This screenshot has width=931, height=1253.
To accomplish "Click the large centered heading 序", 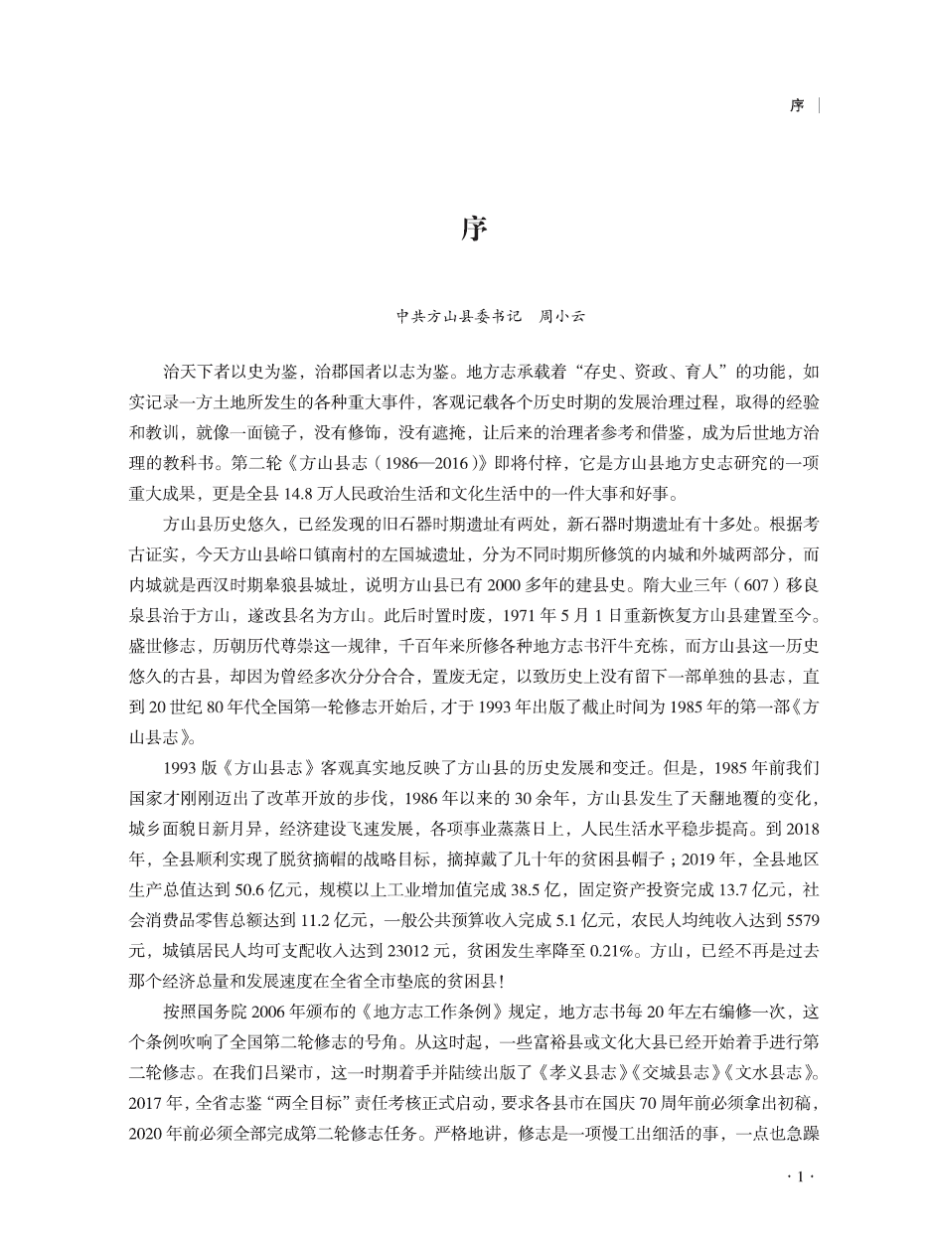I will [474, 230].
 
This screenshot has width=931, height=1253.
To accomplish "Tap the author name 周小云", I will [561, 317].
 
